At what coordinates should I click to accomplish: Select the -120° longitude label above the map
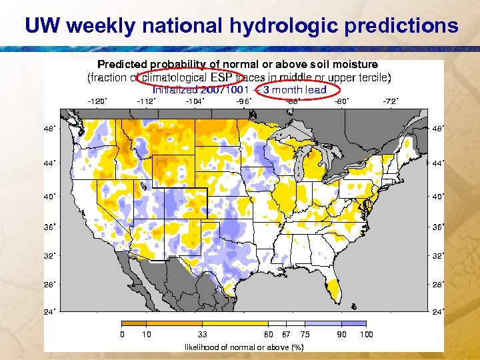tap(97, 101)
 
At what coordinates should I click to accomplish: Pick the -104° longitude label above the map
tap(195, 101)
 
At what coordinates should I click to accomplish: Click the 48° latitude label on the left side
tap(49, 128)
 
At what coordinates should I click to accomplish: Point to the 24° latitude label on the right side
tap(438, 311)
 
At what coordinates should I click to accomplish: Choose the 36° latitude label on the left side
tap(49, 227)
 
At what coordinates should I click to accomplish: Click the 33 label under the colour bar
tap(203, 334)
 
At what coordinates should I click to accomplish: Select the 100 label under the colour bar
tap(366, 334)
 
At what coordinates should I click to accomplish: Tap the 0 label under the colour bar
tap(121, 334)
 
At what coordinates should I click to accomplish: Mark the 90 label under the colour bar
tap(341, 334)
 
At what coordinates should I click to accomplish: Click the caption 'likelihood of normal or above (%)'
tap(243, 347)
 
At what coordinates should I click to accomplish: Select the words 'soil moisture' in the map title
tap(345, 65)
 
